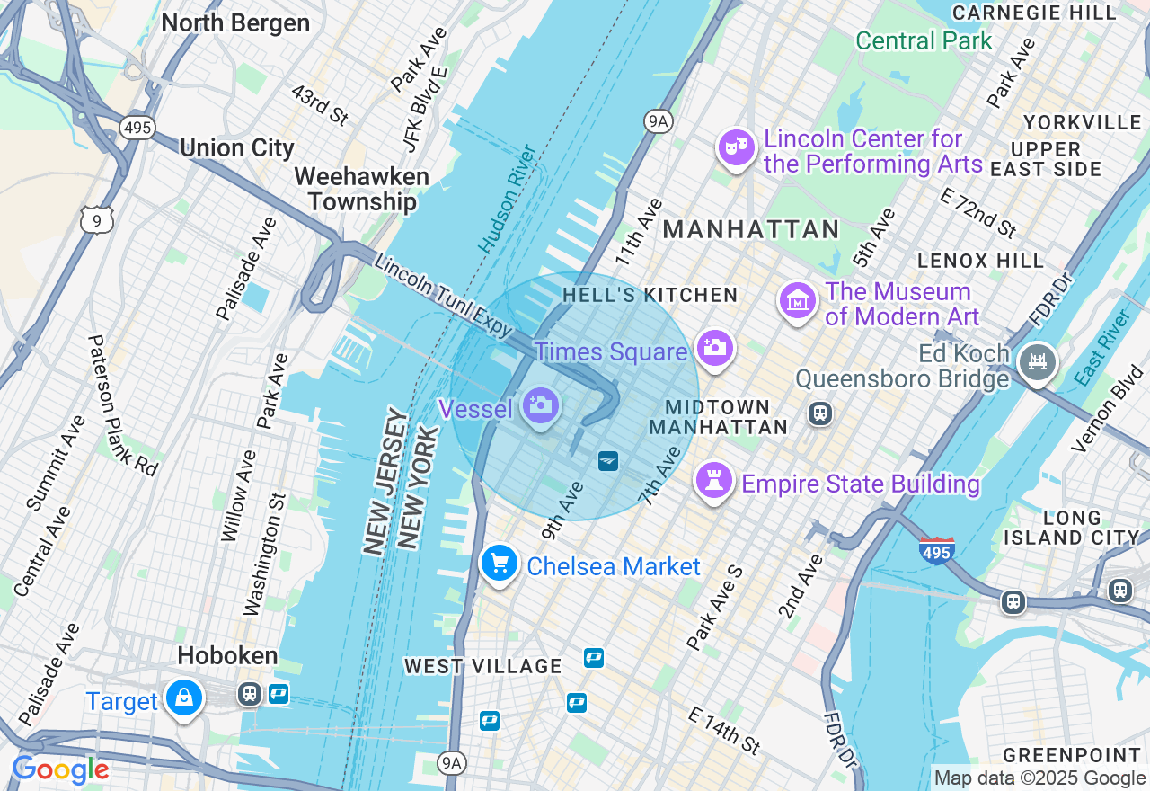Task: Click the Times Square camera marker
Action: pos(714,348)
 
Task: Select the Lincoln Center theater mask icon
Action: pos(736,147)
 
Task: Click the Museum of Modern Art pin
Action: pos(797,301)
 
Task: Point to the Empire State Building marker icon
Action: pos(714,481)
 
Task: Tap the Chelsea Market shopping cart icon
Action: pos(500,564)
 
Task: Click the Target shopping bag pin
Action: pos(184,698)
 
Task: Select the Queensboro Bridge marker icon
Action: pos(1038,362)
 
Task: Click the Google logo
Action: pos(60,770)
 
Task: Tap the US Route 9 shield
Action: pos(96,218)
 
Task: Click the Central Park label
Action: pos(924,40)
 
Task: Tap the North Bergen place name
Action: pos(235,23)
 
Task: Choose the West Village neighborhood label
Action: pos(482,666)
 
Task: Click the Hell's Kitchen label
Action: pos(650,295)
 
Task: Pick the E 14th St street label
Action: pos(724,730)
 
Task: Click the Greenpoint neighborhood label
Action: pos(1071,754)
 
